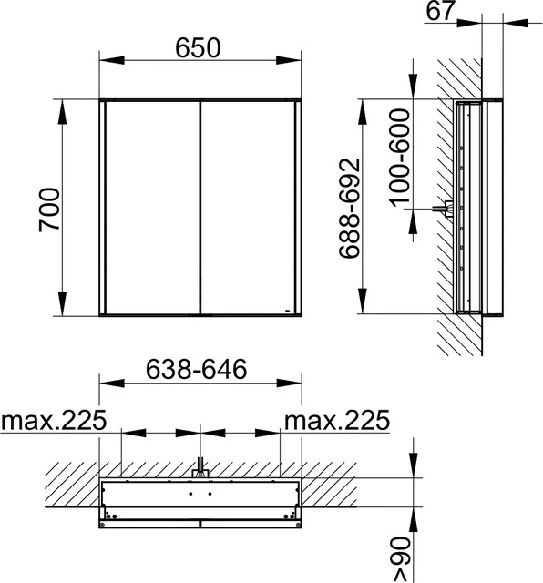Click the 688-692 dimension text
352,208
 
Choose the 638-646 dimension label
198,370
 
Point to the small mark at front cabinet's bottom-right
288,310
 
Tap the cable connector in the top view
200,471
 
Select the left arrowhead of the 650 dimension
106,61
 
